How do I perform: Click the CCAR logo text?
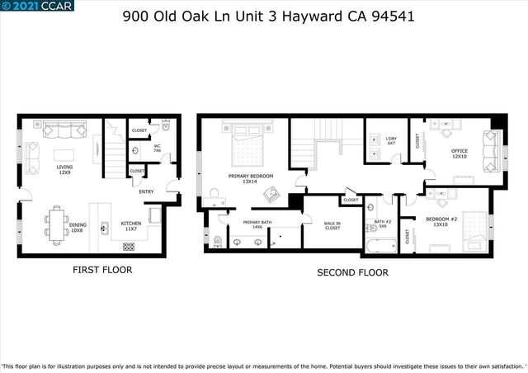pos(57,6)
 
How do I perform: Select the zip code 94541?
pos(391,16)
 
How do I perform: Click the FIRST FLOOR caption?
pos(101,270)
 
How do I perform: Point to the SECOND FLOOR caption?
pos(353,272)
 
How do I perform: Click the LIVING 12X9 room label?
pos(64,170)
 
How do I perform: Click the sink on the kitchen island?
pos(105,226)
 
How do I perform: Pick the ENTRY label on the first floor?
pos(146,192)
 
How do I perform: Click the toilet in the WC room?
pos(165,129)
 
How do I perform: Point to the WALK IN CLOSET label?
pos(332,225)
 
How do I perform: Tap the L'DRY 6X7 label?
pos(390,141)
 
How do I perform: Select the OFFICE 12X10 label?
pos(459,153)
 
